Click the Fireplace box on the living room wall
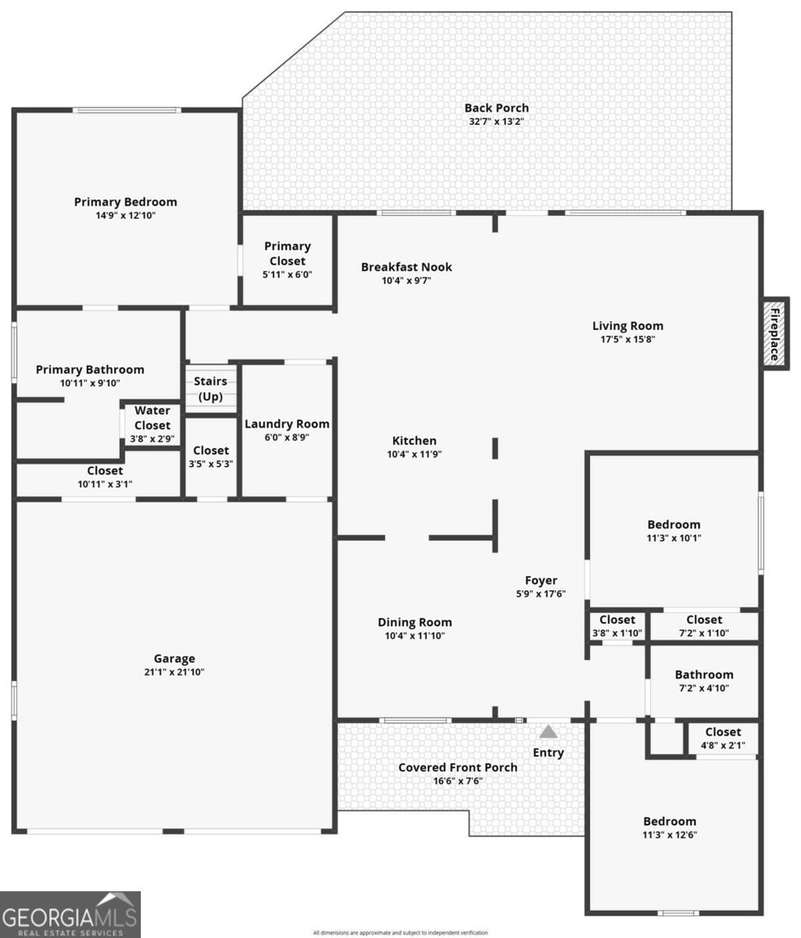coord(774,334)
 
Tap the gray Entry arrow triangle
coord(548,731)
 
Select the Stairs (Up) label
coord(210,389)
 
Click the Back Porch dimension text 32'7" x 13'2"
coord(496,122)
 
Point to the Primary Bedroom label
coord(126,202)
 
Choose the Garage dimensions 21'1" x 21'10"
coord(174,671)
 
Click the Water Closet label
coord(152,418)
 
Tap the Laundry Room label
coord(287,424)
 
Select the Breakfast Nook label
coord(406,267)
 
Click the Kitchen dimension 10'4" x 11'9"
coord(414,454)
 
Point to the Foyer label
coord(541,581)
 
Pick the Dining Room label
coord(414,622)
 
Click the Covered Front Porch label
coord(458,768)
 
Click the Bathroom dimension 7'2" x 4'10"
coord(703,688)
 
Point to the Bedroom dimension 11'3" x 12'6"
coord(670,835)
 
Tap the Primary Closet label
coord(288,254)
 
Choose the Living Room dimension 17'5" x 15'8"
coord(628,339)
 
